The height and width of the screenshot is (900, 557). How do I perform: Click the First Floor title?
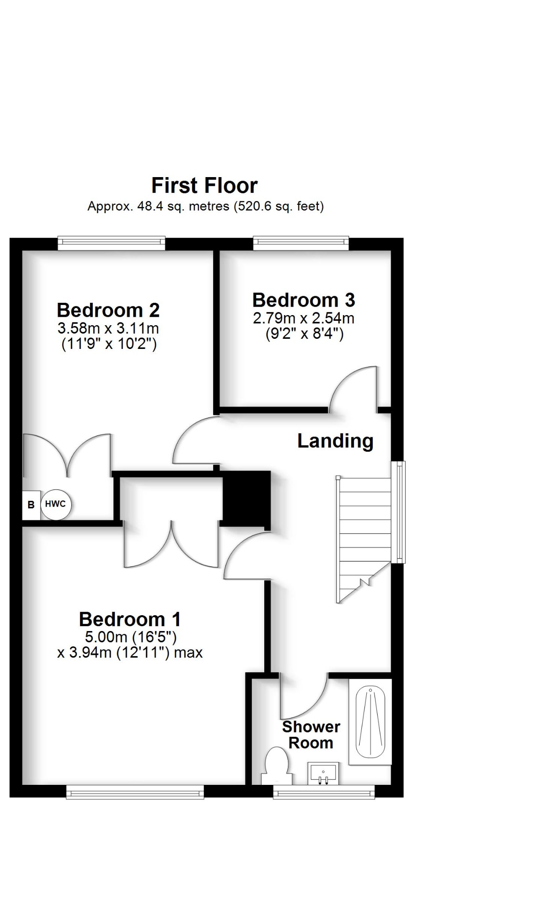pos(204,185)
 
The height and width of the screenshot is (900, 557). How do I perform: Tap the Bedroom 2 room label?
pos(108,310)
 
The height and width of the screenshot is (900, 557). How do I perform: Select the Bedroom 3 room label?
pos(303,300)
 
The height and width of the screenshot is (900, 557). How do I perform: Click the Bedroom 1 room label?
pos(130,619)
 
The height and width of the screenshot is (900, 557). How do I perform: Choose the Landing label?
pos(335,441)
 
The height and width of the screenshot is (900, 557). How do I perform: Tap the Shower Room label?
pos(311,735)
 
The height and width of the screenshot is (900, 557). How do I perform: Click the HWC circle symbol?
pos(55,504)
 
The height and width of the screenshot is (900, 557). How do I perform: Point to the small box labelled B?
pos(31,505)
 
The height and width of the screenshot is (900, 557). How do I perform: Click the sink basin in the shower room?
pos(323,773)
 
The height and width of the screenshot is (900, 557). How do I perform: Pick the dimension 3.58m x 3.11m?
pos(108,328)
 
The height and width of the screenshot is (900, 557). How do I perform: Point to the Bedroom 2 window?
pos(111,243)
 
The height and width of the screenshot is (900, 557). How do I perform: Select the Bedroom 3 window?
pos(301,243)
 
